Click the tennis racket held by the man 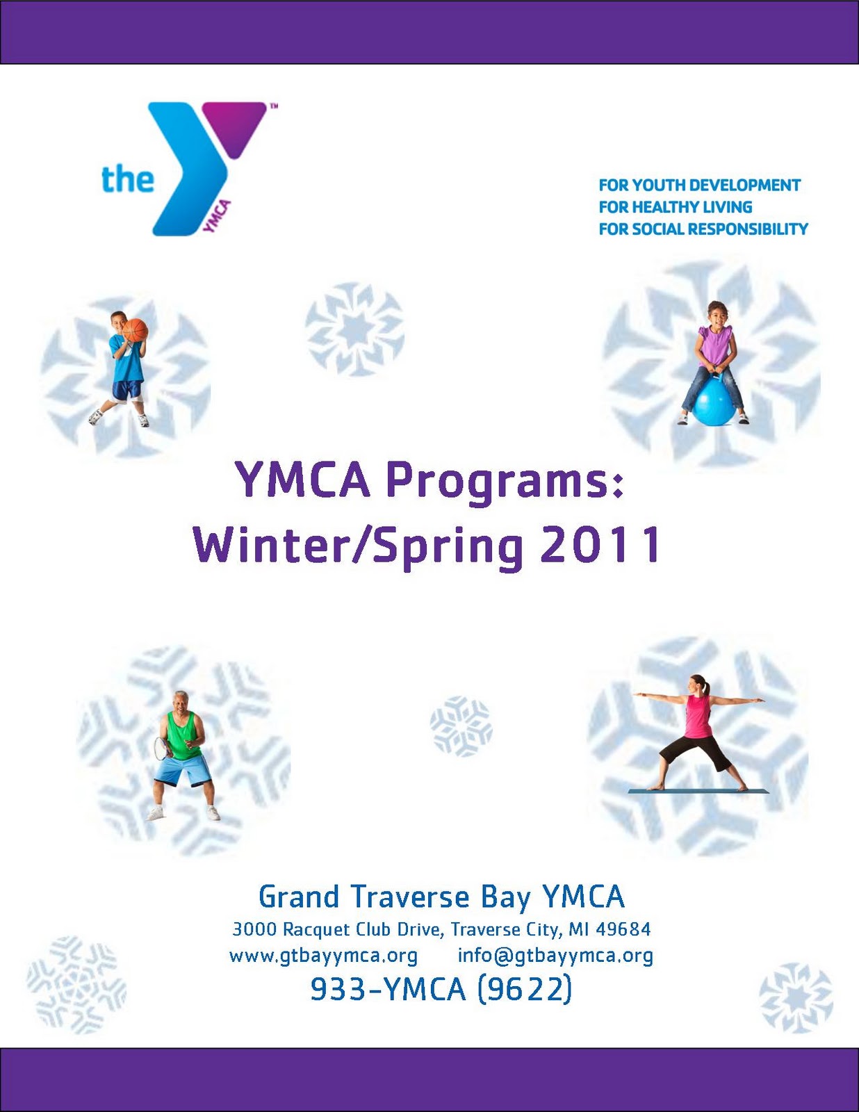163,748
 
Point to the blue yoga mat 698,791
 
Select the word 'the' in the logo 127,179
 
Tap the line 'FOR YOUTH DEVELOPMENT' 699,186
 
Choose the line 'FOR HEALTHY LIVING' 675,207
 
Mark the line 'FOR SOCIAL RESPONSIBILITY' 703,229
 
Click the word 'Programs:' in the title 505,482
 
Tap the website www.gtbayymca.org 323,956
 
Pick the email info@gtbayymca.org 555,956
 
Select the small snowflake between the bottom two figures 461,726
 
